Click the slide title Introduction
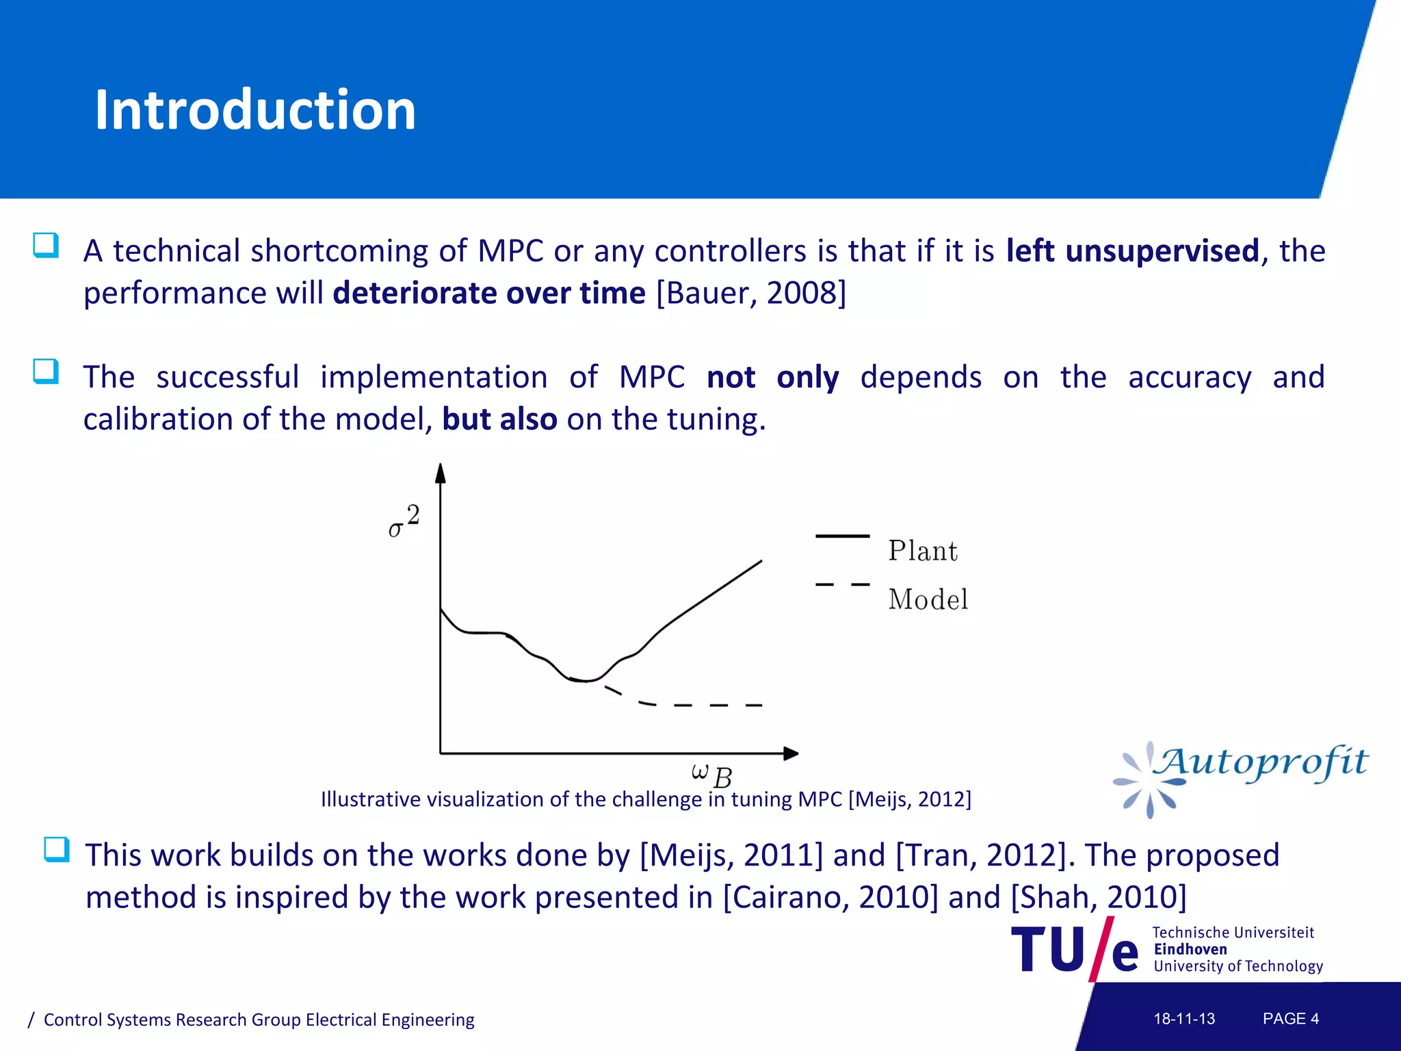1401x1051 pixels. [x=255, y=110]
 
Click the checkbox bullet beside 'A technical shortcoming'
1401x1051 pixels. [x=46, y=245]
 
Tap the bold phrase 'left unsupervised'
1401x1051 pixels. [x=1132, y=250]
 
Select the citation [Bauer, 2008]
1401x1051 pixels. [x=751, y=293]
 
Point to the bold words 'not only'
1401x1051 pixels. [x=772, y=377]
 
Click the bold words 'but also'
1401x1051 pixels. [x=499, y=419]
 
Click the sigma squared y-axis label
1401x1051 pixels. [x=404, y=521]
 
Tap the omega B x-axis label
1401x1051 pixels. [x=711, y=775]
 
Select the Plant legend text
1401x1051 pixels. [x=922, y=551]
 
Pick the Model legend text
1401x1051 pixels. [x=928, y=599]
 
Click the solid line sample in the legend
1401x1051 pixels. [x=842, y=536]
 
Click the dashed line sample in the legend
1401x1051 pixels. [x=842, y=584]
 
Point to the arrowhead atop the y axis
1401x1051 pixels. [x=441, y=473]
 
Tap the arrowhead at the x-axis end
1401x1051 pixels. [x=791, y=753]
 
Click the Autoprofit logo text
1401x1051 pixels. [x=1259, y=763]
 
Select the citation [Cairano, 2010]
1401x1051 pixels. [x=830, y=897]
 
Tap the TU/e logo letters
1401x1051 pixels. [x=1074, y=950]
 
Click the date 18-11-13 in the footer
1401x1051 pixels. [x=1184, y=1019]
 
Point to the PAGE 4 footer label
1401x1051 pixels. [x=1290, y=1019]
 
